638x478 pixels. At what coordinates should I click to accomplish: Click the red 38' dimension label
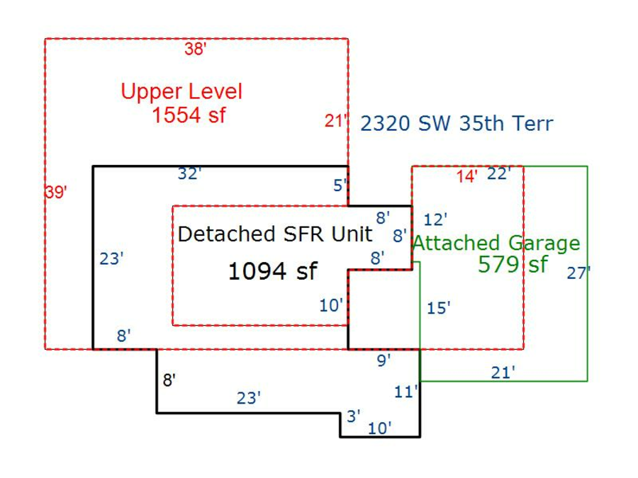196,49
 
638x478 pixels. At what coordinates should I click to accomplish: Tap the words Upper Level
181,91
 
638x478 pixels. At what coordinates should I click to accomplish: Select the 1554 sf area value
189,115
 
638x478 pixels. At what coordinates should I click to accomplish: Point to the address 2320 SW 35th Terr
457,124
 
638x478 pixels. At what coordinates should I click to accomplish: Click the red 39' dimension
55,192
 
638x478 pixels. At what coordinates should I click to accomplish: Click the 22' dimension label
499,174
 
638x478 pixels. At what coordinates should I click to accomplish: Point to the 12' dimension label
435,220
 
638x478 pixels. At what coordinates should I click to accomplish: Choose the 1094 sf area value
273,271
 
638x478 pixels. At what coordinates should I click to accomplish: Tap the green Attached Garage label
496,244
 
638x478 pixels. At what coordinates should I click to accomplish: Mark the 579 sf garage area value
513,265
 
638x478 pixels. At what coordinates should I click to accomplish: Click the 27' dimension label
578,273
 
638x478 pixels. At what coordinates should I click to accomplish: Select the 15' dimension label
439,308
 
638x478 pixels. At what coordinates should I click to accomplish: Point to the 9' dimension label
384,360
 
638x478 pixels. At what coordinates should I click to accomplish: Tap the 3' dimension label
353,416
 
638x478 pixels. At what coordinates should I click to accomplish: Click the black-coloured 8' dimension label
169,380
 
